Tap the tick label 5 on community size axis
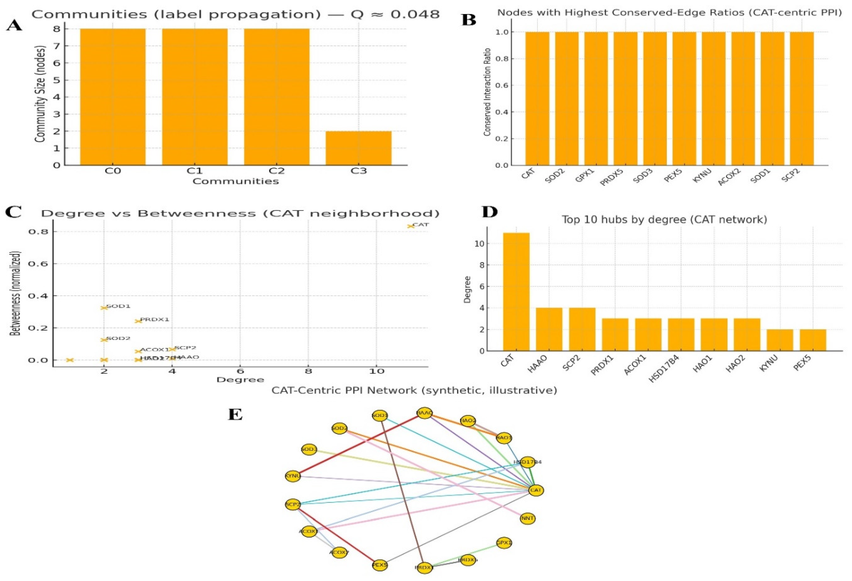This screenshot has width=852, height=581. click(x=57, y=80)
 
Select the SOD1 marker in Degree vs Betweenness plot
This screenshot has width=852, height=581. click(x=104, y=308)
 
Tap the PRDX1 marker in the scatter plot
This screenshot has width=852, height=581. click(x=138, y=321)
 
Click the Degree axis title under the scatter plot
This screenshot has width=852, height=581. click(x=240, y=380)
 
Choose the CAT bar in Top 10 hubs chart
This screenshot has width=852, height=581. click(x=516, y=292)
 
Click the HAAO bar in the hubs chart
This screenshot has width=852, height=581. click(x=549, y=329)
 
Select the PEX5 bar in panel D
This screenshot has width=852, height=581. click(x=813, y=340)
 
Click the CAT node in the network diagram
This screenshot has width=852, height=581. click(x=536, y=490)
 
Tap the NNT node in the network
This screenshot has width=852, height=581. click(x=527, y=518)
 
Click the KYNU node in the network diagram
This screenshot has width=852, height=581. click(x=293, y=476)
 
